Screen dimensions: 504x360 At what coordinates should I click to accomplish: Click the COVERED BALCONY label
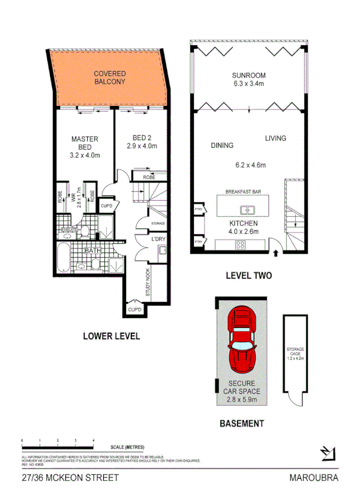(x=110, y=78)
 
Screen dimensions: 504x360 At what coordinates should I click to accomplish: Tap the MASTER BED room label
(x=84, y=147)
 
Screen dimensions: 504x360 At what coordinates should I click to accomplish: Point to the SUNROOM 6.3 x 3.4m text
(x=248, y=79)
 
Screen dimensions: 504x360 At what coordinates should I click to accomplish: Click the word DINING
(x=222, y=145)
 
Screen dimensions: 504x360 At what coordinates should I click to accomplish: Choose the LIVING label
(x=275, y=138)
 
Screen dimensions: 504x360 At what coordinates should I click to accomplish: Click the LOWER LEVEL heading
(x=111, y=337)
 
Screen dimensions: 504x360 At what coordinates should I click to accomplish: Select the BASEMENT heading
(x=242, y=423)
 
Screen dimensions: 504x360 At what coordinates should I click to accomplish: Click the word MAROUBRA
(x=315, y=478)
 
